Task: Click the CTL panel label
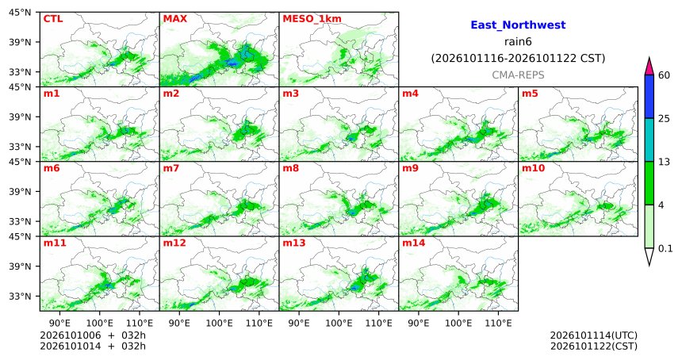coord(52,19)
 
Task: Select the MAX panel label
coord(175,19)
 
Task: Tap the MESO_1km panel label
coord(312,19)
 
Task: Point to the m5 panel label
coord(530,94)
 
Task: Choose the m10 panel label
coord(533,168)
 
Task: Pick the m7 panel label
coord(171,168)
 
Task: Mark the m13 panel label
coord(294,243)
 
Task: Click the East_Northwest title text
coord(518,25)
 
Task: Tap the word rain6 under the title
coord(518,42)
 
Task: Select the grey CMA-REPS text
coord(518,75)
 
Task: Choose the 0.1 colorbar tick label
coord(665,248)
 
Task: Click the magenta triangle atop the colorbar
coord(649,67)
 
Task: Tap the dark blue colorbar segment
coord(649,97)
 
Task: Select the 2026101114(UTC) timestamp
coord(594,335)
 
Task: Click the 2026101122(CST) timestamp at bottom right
coord(594,346)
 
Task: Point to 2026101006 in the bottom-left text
coord(70,335)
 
